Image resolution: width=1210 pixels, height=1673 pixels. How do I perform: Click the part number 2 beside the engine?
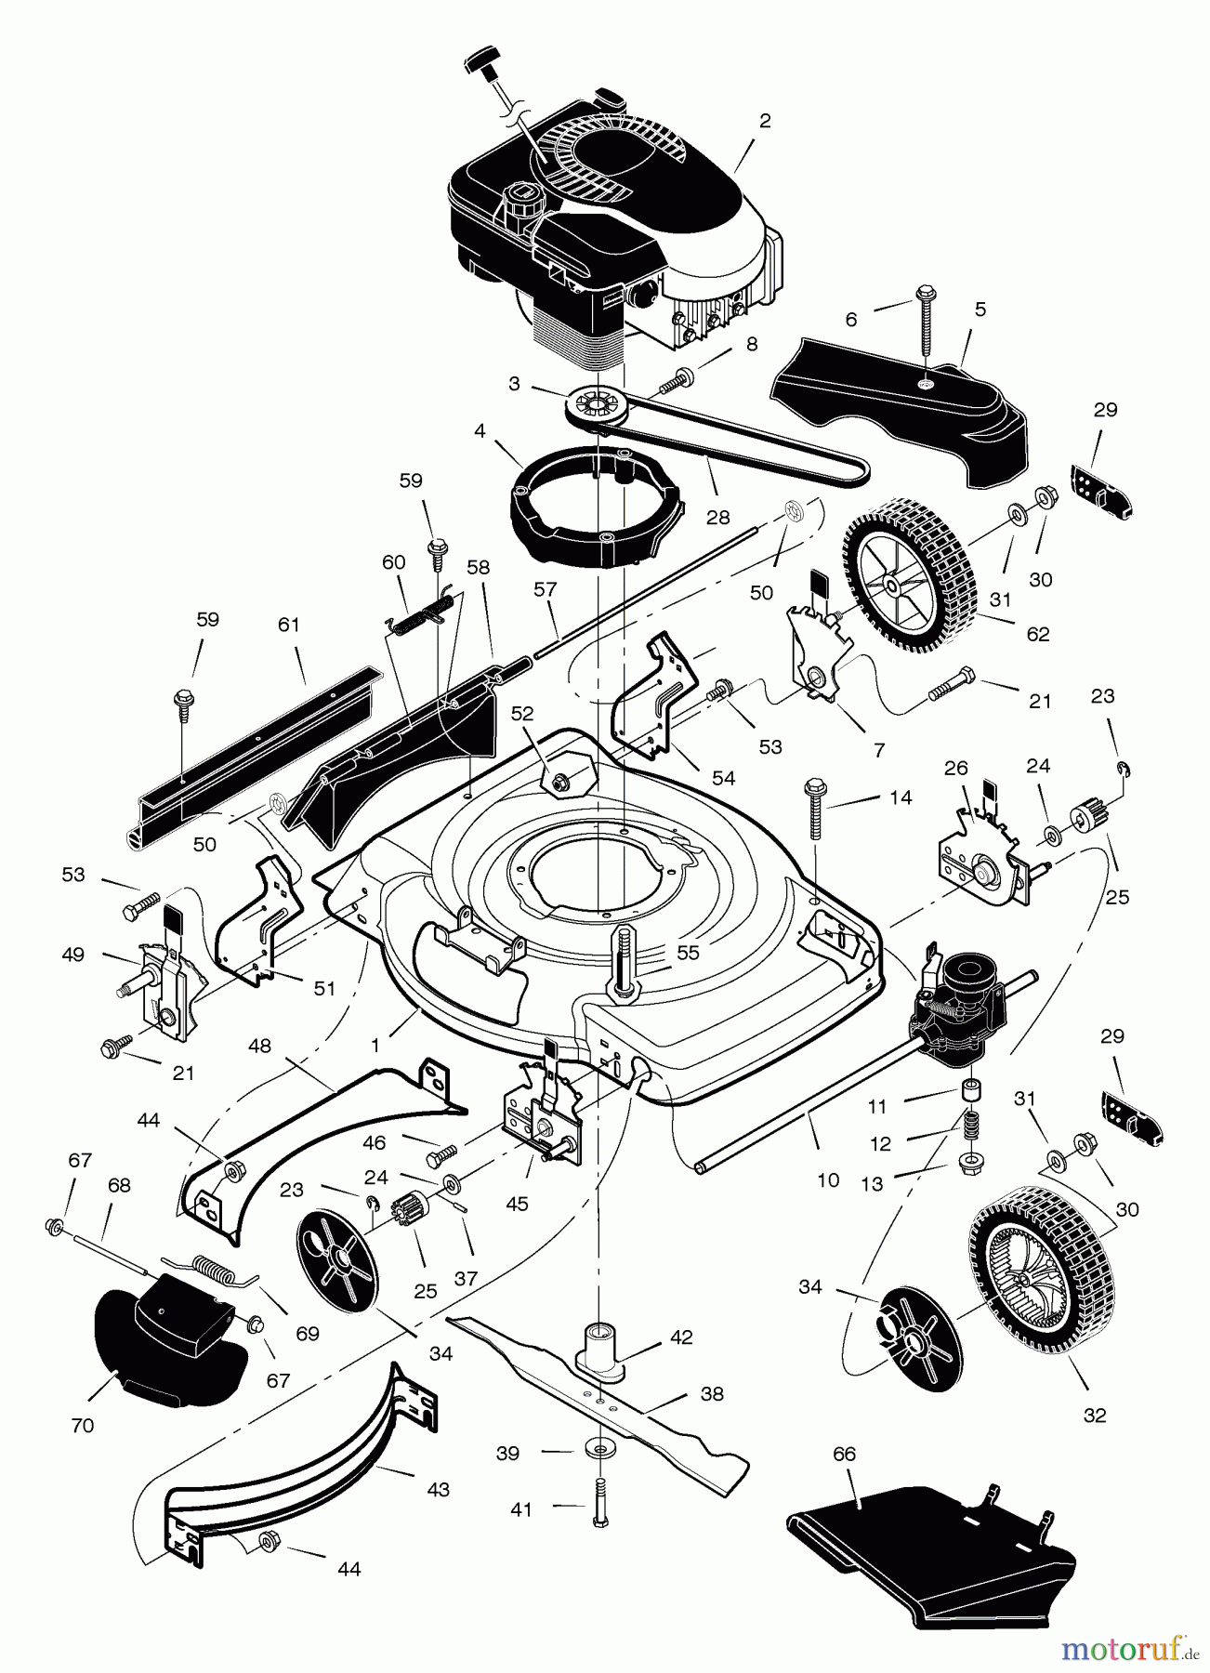(764, 121)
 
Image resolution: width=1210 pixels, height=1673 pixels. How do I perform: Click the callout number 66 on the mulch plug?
(844, 1454)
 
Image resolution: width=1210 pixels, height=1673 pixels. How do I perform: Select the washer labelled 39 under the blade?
(602, 1450)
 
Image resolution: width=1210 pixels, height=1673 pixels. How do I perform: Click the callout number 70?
(83, 1425)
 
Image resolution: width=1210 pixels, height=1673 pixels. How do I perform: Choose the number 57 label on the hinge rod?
(546, 589)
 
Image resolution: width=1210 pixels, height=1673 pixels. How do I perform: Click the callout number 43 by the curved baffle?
(439, 1490)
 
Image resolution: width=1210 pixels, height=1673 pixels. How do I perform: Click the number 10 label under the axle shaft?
(827, 1180)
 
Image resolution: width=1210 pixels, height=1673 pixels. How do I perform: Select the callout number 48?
(260, 1046)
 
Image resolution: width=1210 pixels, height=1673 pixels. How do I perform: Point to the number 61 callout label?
(289, 625)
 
